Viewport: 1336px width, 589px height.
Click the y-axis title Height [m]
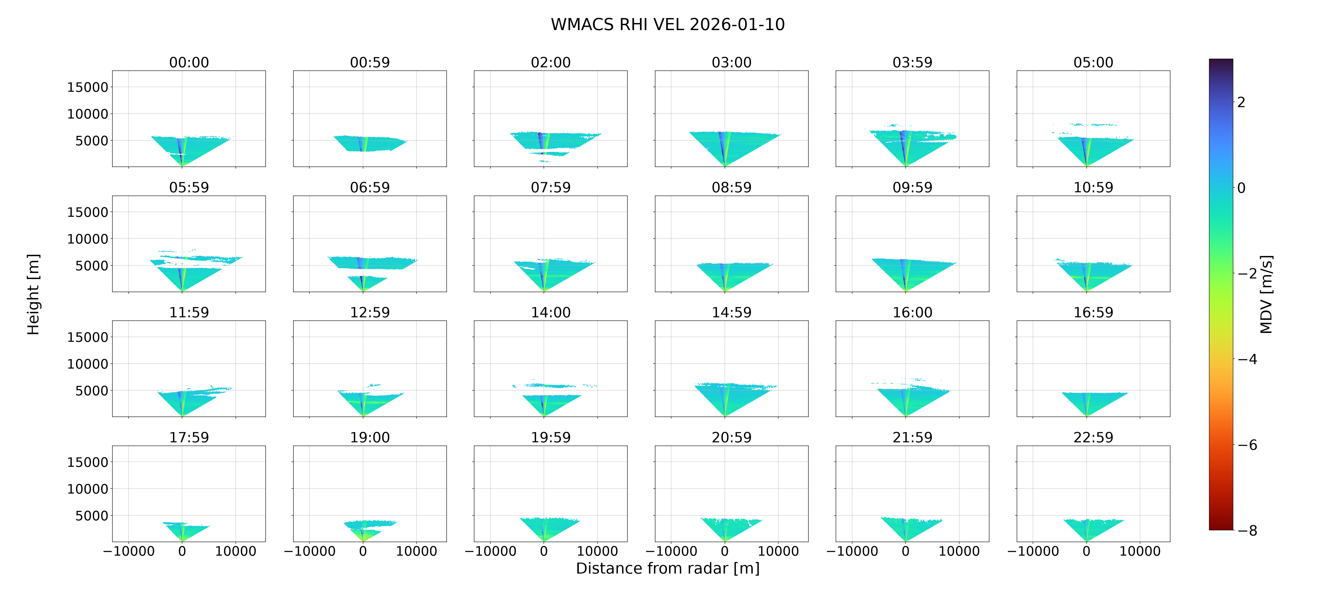pyautogui.click(x=33, y=294)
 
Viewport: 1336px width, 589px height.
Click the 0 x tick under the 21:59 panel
pyautogui.click(x=906, y=551)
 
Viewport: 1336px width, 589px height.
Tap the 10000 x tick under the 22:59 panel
pyautogui.click(x=1140, y=551)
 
